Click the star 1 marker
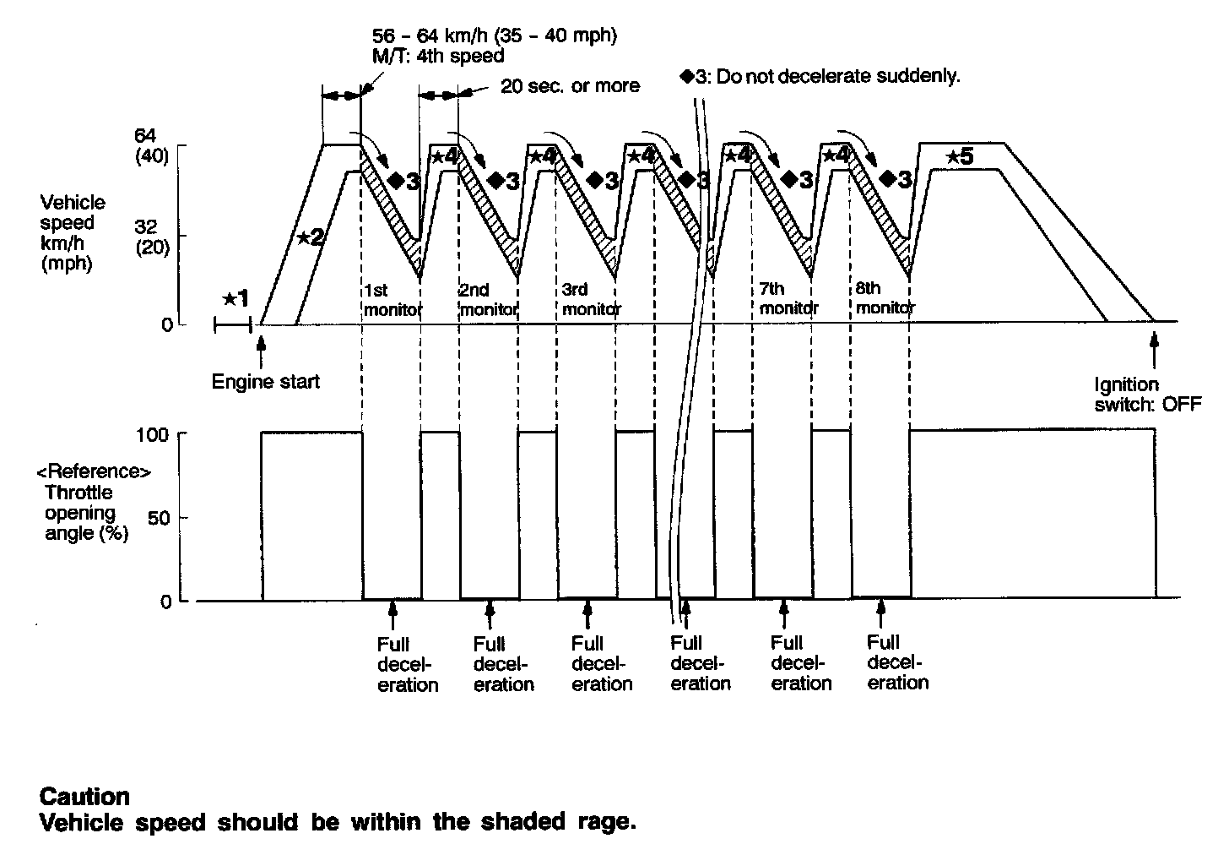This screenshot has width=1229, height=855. (x=236, y=298)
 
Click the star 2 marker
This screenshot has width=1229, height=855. (x=310, y=237)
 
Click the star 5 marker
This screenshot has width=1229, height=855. (x=960, y=157)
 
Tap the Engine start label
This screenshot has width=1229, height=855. (x=265, y=382)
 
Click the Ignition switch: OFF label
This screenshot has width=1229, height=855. (x=1147, y=395)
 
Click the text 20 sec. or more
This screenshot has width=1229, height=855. (x=570, y=86)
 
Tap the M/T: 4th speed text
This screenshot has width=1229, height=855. (x=438, y=57)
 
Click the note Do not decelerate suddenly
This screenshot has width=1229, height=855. (x=820, y=76)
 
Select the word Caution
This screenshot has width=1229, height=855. (x=85, y=797)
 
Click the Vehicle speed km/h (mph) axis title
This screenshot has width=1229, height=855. (x=73, y=232)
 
